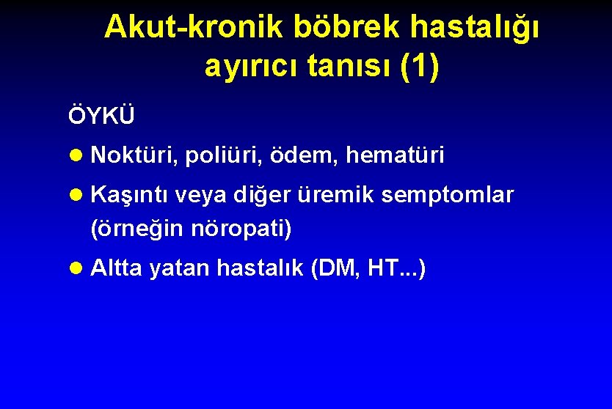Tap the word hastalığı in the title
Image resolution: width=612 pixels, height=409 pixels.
point(476,27)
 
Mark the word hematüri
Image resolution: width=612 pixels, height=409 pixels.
point(395,155)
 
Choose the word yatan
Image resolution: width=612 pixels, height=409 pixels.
point(180,269)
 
